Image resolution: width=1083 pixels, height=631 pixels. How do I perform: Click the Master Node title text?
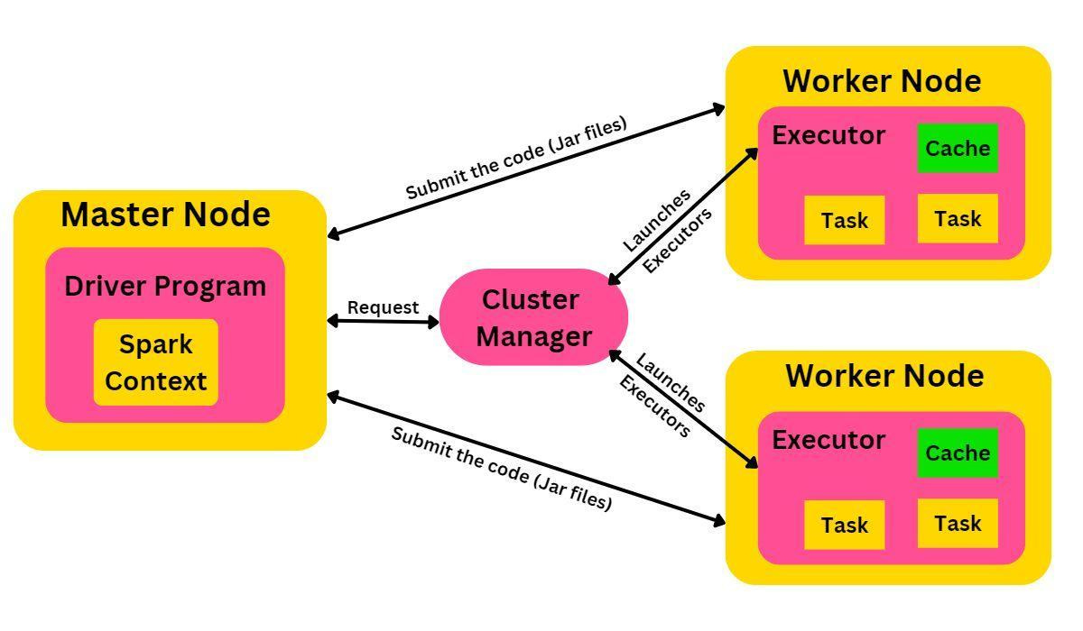165,215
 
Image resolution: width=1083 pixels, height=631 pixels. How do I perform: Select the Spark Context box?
156,362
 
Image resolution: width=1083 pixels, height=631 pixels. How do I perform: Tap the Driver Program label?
165,286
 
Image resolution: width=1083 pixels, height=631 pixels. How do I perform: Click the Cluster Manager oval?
533,317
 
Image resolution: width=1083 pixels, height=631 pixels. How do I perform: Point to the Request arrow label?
383,307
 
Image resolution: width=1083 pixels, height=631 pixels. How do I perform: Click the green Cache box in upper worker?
958,148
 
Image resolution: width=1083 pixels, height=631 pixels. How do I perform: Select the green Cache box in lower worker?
958,453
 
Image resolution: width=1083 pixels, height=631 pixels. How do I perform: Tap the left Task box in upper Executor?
845,220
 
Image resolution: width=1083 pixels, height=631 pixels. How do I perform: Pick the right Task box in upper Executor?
958,218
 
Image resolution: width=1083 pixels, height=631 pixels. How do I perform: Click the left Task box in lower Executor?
845,525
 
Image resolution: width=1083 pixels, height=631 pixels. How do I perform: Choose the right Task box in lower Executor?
958,523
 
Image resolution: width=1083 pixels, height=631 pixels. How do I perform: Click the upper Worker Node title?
882,81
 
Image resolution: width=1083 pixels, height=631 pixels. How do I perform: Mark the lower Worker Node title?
884,375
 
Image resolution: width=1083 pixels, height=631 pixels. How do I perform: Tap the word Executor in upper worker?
828,135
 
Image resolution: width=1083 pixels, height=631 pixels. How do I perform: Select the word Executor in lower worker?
828,440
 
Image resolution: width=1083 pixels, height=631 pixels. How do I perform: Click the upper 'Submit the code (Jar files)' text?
515,159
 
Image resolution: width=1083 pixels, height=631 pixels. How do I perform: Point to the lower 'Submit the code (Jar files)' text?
502,468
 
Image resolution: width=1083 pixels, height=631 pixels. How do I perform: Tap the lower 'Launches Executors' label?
662,395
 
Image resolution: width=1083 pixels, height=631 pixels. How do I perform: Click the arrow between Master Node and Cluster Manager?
383,321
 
